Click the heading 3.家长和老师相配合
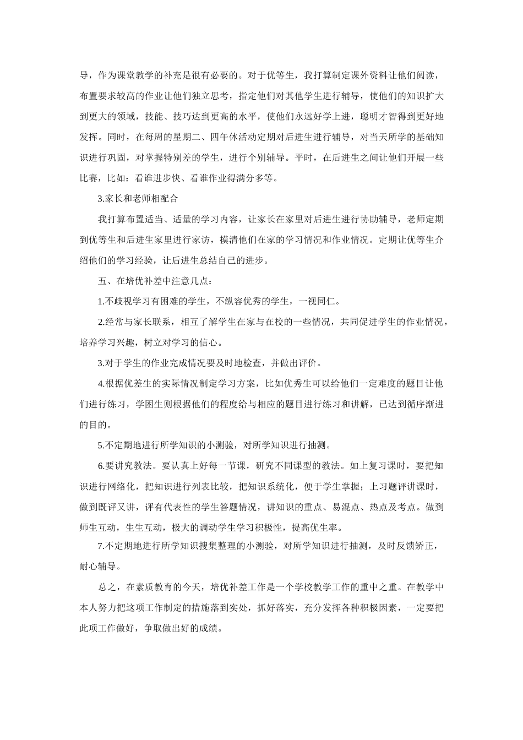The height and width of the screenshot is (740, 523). coord(138,198)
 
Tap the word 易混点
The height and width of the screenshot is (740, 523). coord(346,507)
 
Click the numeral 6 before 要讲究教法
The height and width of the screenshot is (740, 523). coord(101,466)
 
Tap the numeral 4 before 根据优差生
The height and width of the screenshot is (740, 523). coord(101,384)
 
